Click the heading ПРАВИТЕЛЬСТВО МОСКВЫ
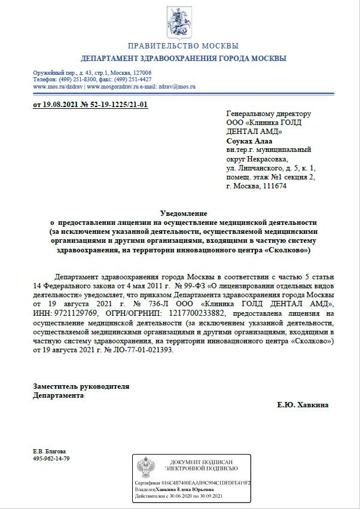[184, 46]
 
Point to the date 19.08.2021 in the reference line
[59, 105]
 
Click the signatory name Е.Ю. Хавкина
[303, 405]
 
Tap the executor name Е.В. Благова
[50, 451]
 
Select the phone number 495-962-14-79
[51, 458]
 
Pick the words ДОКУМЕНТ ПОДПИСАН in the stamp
[205, 463]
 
